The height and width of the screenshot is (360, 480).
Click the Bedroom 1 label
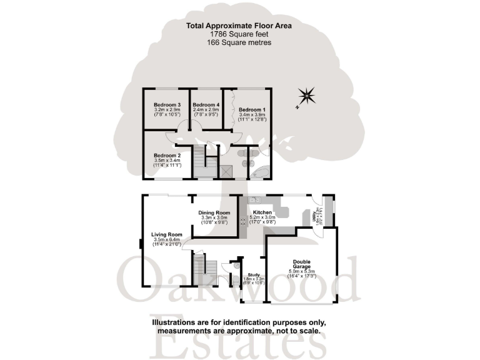coord(252,109)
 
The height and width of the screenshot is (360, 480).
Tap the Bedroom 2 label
coord(167,155)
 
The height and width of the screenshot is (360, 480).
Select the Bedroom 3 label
coord(167,105)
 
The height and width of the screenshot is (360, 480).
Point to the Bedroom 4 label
coord(206,105)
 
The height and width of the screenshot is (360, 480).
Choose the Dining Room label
coord(215,212)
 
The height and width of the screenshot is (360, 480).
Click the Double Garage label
coord(302,265)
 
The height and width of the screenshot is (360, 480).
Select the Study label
coord(253,274)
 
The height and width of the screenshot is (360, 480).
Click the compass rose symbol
coord(306,96)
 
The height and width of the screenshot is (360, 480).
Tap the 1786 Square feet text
coord(239,34)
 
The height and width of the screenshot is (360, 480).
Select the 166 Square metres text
coord(239,42)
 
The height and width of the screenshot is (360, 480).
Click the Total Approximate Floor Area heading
coord(239,26)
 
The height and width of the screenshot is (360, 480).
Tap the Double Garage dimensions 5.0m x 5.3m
coord(302,271)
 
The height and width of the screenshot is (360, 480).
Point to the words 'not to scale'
coord(298,331)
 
